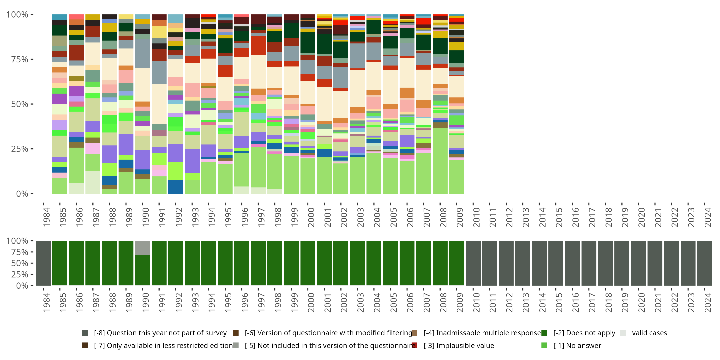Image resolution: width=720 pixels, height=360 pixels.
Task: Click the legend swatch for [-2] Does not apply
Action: click(544, 333)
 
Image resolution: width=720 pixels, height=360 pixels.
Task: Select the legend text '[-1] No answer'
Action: click(577, 346)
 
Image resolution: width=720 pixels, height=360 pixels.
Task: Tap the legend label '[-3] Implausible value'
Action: click(459, 346)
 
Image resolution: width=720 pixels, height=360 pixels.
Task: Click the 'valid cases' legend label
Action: click(649, 333)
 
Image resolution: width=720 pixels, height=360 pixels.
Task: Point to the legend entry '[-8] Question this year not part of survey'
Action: click(160, 333)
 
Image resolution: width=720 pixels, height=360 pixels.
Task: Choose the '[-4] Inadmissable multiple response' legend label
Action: click(482, 333)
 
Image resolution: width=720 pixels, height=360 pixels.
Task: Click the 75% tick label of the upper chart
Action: click(20, 60)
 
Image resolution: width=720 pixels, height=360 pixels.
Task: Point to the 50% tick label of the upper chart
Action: click(20, 104)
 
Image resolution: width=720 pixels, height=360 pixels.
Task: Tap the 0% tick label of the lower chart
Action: click(22, 286)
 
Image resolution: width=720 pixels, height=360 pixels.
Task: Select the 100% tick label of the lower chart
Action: click(17, 241)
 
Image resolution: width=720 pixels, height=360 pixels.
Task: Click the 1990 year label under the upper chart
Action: click(146, 217)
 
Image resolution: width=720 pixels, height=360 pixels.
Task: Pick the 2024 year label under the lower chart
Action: click(708, 302)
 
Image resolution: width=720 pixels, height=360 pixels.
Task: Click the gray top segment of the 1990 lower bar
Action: click(143, 248)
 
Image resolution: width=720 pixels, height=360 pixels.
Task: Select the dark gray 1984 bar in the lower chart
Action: click(43, 263)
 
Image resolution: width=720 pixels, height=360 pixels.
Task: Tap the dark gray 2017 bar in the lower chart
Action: click(589, 263)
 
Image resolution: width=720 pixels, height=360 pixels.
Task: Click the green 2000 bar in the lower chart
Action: click(308, 263)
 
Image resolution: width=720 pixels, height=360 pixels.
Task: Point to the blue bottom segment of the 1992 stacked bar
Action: click(175, 187)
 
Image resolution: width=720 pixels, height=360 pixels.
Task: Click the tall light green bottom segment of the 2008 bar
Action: click(440, 161)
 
